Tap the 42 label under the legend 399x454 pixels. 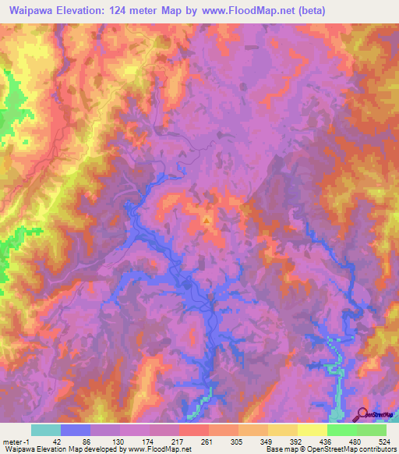pos(45,441)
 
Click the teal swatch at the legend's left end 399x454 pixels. pos(46,430)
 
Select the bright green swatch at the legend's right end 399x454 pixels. pos(372,430)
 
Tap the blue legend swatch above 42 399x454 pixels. pos(76,430)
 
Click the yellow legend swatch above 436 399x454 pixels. pos(312,430)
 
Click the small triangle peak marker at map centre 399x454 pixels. pos(207,220)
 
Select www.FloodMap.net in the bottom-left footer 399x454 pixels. pos(158,449)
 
